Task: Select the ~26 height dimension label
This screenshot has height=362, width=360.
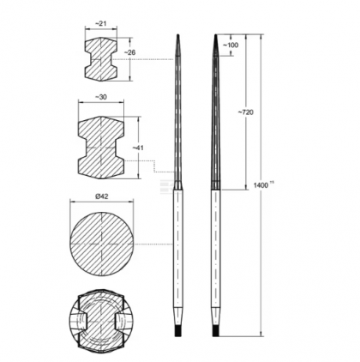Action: pyautogui.click(x=130, y=53)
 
